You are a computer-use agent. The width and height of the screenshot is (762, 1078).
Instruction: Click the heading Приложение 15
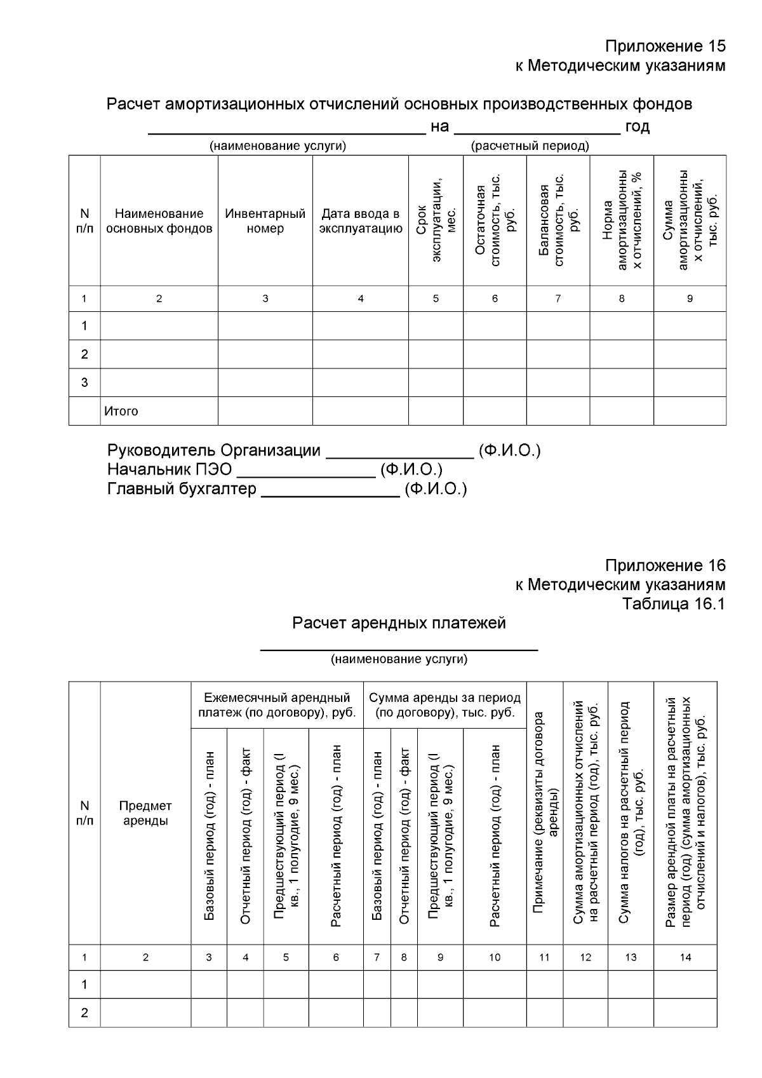tap(664, 46)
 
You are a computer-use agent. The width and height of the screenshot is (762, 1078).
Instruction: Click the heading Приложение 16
tap(664, 565)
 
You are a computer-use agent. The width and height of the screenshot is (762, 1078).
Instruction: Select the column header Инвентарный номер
tap(265, 221)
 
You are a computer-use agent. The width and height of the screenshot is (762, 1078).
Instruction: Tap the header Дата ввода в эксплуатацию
tap(360, 221)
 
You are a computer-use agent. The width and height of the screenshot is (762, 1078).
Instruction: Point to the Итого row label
tap(121, 411)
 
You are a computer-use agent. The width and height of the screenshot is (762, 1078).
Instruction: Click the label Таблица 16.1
tap(673, 603)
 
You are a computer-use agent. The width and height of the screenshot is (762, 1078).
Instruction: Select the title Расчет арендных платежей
tap(399, 623)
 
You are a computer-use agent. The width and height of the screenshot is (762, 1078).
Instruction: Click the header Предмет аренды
tap(145, 813)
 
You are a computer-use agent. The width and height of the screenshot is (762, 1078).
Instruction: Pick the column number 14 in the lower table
tap(685, 957)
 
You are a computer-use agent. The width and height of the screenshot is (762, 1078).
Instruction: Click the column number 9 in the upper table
tap(690, 299)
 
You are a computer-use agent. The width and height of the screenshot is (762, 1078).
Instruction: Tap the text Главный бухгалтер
tap(182, 488)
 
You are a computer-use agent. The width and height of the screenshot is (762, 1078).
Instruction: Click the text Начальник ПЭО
tap(170, 469)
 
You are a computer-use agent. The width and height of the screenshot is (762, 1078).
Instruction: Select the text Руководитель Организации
tap(214, 450)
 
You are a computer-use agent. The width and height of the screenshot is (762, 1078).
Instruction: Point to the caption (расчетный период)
tap(530, 146)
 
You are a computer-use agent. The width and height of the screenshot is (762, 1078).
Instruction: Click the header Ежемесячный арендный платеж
tap(277, 705)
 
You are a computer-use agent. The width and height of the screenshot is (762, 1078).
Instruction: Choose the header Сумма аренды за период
tap(444, 705)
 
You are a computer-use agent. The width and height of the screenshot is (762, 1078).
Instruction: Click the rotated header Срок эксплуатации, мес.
tap(436, 221)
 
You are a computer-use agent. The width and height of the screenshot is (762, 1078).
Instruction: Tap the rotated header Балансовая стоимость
tap(558, 221)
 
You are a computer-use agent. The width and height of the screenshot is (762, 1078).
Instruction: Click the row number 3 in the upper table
tap(84, 382)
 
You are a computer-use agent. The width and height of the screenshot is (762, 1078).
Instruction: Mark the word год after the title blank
tap(637, 126)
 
